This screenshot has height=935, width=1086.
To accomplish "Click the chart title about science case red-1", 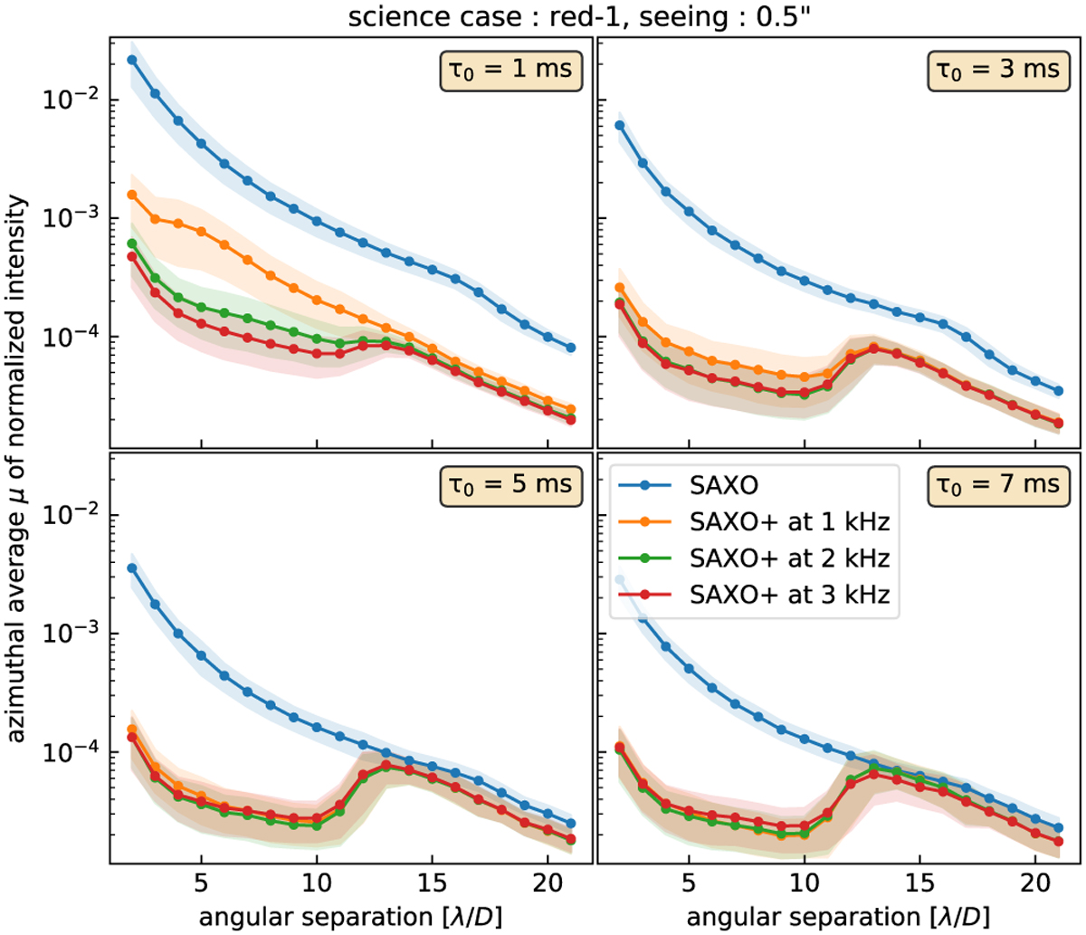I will tap(542, 17).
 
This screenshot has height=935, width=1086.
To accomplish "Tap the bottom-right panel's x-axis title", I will tap(834, 912).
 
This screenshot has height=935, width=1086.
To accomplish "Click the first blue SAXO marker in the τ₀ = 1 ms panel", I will tap(132, 60).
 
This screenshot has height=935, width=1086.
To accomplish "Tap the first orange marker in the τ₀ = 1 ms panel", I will tap(132, 195).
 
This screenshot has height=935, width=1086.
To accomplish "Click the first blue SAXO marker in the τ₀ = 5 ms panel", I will tap(132, 568).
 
